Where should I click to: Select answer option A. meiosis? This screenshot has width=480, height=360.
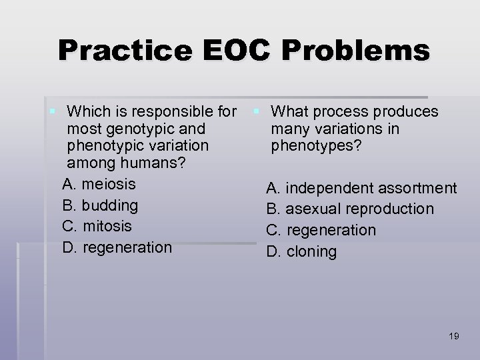[99, 183]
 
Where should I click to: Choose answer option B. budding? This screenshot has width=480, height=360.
[100, 205]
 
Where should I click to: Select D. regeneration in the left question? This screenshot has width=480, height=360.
[117, 247]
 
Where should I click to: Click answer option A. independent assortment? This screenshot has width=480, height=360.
[362, 188]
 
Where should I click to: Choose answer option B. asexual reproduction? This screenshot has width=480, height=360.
[350, 209]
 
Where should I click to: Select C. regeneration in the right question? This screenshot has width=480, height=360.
[321, 231]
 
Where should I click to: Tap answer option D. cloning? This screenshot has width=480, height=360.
[302, 252]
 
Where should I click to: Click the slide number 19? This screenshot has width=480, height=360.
[454, 335]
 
